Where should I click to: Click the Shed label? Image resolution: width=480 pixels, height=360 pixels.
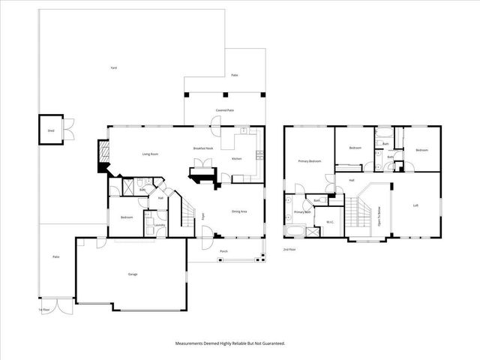pyautogui.click(x=51, y=130)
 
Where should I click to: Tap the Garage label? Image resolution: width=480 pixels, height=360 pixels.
pyautogui.click(x=133, y=274)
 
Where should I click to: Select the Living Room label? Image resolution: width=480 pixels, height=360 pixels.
pyautogui.click(x=150, y=154)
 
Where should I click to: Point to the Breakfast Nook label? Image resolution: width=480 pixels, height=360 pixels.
pyautogui.click(x=204, y=148)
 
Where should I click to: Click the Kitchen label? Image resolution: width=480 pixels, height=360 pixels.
pyautogui.click(x=236, y=159)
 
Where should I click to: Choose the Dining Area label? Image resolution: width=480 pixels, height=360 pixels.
pyautogui.click(x=240, y=211)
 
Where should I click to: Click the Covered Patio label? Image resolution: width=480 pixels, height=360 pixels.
pyautogui.click(x=224, y=110)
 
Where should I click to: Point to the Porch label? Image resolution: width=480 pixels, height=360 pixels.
pyautogui.click(x=223, y=251)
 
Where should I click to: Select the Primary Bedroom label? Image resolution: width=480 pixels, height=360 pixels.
pyautogui.click(x=310, y=161)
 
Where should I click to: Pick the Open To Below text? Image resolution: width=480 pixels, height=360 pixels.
pyautogui.click(x=379, y=217)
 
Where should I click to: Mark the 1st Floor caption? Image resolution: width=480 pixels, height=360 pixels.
pyautogui.click(x=44, y=309)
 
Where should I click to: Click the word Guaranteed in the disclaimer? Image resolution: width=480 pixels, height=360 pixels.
pyautogui.click(x=271, y=343)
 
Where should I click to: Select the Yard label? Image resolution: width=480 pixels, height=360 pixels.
pyautogui.click(x=113, y=68)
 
